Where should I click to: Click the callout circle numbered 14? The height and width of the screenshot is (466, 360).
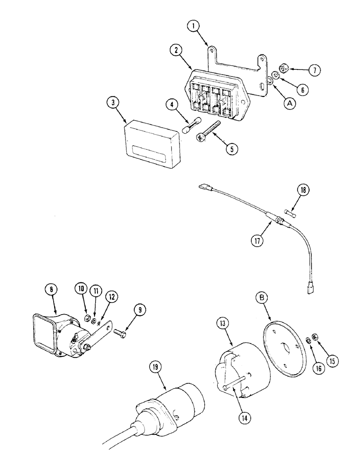coord(243,418)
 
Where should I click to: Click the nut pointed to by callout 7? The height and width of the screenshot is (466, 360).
coord(285,69)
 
